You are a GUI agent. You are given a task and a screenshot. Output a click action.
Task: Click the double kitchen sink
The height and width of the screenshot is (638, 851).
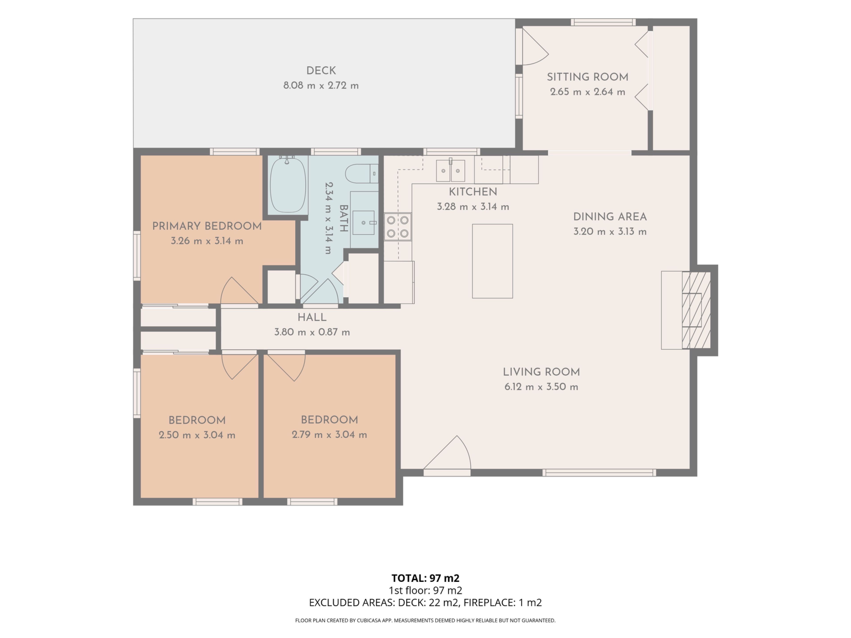[x=451, y=170]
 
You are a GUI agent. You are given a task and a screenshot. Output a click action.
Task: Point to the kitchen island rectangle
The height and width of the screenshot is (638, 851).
[x=492, y=261]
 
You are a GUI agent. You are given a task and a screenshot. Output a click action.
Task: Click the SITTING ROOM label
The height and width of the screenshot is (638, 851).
[x=588, y=77]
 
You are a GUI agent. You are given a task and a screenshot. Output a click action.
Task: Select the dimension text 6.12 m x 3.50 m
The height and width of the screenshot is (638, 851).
[x=541, y=387]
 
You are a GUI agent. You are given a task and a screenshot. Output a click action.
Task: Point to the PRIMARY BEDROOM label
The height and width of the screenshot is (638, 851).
[x=207, y=226]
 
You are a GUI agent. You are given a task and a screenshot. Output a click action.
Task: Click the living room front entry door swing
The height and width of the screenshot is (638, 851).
[x=447, y=453]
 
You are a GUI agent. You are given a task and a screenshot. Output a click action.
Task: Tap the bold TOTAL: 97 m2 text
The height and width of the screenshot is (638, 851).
[x=425, y=578]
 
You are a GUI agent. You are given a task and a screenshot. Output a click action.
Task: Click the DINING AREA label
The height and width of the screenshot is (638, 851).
[x=610, y=217]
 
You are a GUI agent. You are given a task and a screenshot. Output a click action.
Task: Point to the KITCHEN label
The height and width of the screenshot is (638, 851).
[x=473, y=192]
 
